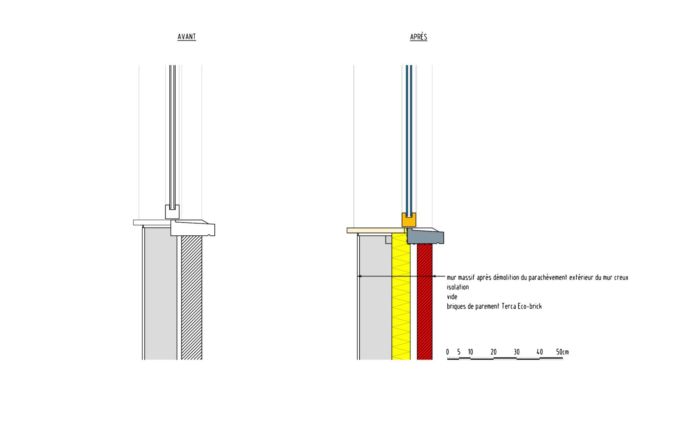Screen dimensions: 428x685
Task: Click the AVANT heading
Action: (x=186, y=37)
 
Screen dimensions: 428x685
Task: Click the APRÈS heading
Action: (x=418, y=37)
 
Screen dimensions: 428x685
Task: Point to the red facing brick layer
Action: (x=425, y=303)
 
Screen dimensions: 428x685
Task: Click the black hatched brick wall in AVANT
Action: (x=191, y=298)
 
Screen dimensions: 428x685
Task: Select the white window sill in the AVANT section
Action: (x=194, y=228)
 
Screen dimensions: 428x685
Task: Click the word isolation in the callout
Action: (x=457, y=287)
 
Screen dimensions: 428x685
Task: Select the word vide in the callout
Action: (x=452, y=297)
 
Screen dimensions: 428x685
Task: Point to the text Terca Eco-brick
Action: (x=522, y=307)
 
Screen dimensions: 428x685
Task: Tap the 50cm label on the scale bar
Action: (x=562, y=352)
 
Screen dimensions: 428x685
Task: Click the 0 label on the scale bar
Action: (x=447, y=352)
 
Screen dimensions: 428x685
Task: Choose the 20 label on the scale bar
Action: (x=493, y=352)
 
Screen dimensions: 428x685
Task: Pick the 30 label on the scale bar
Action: (x=517, y=352)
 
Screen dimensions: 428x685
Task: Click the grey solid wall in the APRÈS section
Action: (x=375, y=303)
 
